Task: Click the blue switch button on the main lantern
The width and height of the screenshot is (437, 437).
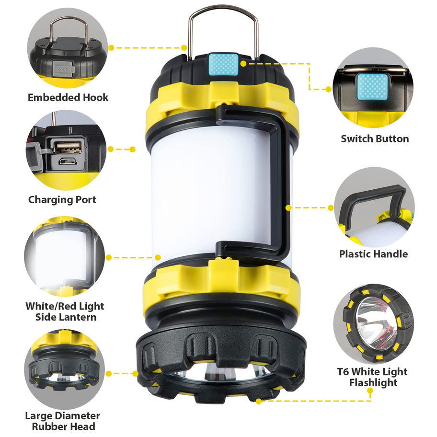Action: coord(224,65)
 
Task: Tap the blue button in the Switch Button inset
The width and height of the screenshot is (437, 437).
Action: coord(372,86)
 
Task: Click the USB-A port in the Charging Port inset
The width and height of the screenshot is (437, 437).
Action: coord(68,148)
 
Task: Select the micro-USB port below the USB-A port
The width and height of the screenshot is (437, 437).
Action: coord(68,161)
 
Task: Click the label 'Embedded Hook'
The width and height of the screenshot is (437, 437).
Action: coord(68,98)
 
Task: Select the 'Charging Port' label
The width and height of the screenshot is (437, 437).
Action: coord(62,200)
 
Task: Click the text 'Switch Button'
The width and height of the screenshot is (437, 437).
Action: coord(375,139)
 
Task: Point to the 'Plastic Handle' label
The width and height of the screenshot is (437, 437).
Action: coord(373,254)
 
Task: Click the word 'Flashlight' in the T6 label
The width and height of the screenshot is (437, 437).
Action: coord(373,383)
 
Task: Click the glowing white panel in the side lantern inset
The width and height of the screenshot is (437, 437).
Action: coord(61,255)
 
